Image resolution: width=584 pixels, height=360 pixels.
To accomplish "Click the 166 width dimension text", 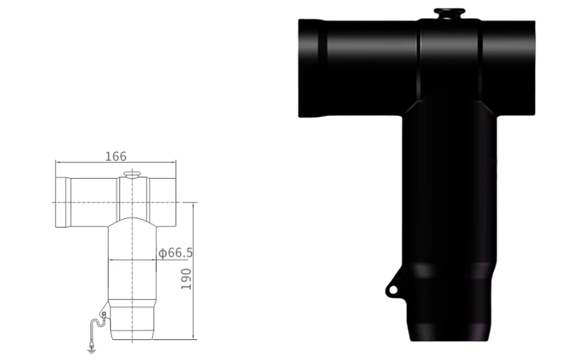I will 116,156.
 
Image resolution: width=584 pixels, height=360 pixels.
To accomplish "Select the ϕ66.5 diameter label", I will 176,253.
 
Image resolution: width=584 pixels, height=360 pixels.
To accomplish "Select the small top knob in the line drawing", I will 131,175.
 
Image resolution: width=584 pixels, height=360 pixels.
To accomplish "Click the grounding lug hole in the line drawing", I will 103,314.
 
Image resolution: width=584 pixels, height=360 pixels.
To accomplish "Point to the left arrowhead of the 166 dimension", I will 57,163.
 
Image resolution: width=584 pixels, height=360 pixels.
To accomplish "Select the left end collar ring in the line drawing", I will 61,201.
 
